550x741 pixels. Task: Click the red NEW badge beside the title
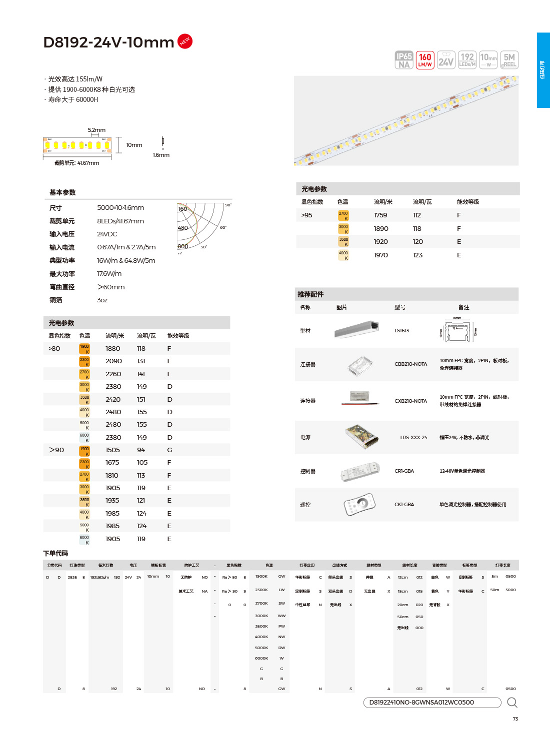point(184,41)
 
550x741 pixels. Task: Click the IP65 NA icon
point(404,60)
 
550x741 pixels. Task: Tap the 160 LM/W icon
point(425,60)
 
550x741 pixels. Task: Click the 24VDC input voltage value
point(107,234)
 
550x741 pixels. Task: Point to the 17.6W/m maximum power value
point(109,274)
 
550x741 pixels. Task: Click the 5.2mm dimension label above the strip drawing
point(96,130)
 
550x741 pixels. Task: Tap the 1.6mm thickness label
point(161,155)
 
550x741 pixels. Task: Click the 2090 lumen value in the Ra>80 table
point(113,361)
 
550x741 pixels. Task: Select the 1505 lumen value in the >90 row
point(112,450)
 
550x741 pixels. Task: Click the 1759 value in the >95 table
point(380,215)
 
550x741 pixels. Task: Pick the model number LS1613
point(401,330)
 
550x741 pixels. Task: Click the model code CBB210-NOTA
point(410,364)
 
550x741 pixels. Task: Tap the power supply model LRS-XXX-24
point(413,437)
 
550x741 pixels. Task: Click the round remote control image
point(359,504)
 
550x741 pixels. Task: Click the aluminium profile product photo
point(356,330)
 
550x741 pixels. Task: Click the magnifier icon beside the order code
point(512,703)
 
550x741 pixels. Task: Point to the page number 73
point(515,719)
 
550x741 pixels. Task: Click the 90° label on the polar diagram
point(228,205)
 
